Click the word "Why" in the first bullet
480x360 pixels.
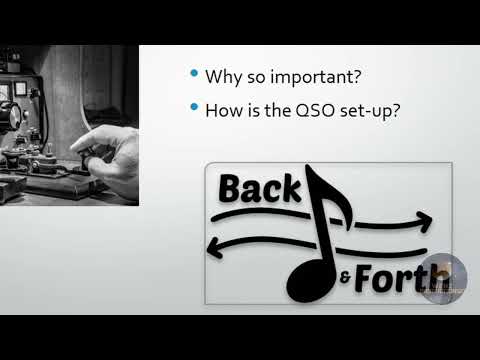click(222, 76)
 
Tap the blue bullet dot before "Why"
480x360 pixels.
click(193, 75)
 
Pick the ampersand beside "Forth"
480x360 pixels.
click(344, 279)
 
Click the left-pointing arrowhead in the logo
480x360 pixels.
click(212, 245)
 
